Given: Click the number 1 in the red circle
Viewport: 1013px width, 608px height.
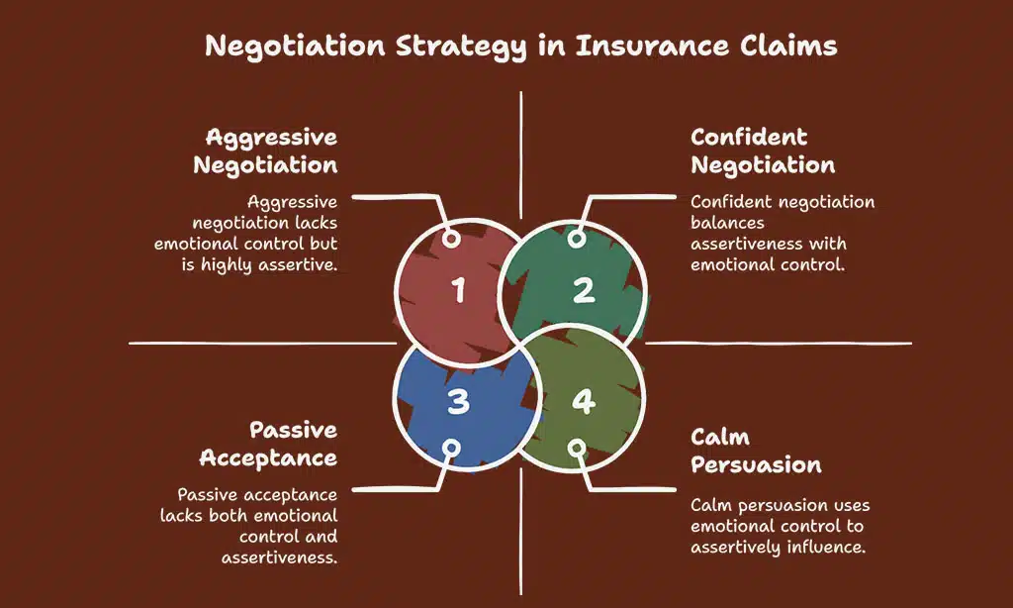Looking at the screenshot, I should point(458,290).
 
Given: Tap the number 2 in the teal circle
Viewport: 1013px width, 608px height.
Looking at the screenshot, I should point(583,290).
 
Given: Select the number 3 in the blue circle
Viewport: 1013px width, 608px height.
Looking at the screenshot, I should point(458,401).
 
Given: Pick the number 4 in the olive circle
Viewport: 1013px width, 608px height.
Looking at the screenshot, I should point(583,401).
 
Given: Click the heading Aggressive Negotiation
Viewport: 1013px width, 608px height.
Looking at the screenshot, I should point(265,151).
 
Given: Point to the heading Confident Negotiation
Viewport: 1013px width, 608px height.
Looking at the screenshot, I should point(763,151).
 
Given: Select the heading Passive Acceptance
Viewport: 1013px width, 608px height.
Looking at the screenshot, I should point(268,444).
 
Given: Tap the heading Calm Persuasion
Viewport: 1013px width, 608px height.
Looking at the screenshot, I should point(756,451).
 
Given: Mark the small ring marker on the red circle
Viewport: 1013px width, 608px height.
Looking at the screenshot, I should point(451,240).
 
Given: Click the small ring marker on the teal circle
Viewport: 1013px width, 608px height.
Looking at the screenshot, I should point(576,240).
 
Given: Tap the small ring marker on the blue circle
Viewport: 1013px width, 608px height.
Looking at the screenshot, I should point(451,447).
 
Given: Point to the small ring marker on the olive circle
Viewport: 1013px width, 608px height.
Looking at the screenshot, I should point(576,447).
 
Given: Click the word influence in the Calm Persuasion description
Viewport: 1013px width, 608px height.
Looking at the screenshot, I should point(826,547).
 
